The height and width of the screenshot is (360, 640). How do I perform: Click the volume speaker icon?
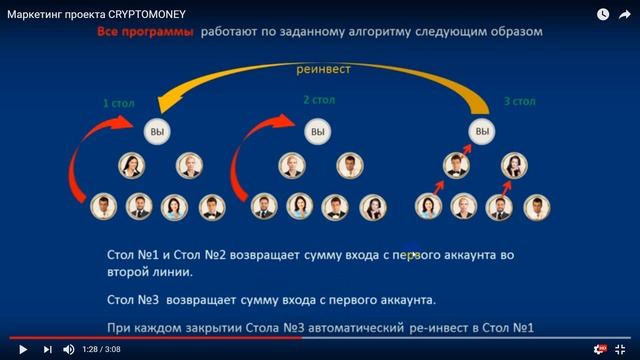tap(70, 349)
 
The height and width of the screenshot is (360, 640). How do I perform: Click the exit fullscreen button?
tap(624, 349)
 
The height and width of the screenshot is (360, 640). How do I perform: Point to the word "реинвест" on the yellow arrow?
tap(325, 71)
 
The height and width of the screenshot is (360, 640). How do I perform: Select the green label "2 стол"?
tap(319, 100)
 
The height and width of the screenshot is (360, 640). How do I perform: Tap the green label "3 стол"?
tap(519, 101)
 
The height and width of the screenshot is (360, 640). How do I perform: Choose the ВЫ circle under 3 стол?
tap(484, 131)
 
